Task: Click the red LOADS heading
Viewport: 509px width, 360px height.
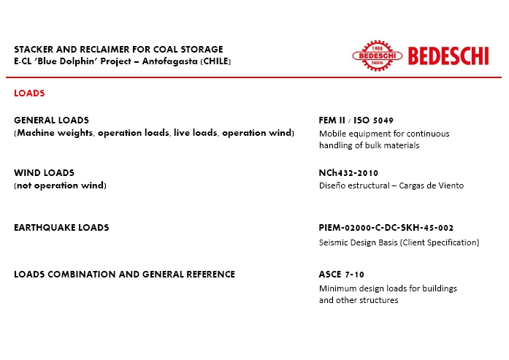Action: pyautogui.click(x=29, y=93)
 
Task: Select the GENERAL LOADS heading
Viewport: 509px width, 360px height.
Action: pyautogui.click(x=51, y=120)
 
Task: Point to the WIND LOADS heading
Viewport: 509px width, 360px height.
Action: pyautogui.click(x=44, y=173)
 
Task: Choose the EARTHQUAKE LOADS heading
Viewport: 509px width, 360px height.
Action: pyautogui.click(x=61, y=228)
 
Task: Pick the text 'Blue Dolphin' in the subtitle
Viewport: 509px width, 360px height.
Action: pyautogui.click(x=61, y=61)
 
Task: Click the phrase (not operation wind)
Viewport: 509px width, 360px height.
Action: pyautogui.click(x=60, y=185)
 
